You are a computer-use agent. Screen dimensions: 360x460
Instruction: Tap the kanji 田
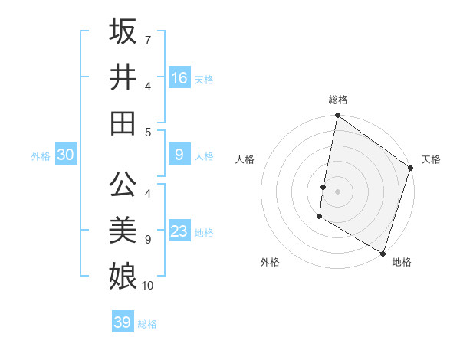click(123, 123)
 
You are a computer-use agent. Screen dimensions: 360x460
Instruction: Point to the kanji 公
click(123, 185)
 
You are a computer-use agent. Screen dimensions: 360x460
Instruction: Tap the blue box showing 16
click(179, 77)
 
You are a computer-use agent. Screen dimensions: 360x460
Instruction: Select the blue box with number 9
click(179, 155)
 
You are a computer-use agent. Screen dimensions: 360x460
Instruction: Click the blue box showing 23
click(179, 232)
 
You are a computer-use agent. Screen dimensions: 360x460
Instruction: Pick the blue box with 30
click(66, 155)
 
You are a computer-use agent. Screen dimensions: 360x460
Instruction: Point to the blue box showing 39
click(123, 322)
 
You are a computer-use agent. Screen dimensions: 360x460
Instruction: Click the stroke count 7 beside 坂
click(148, 39)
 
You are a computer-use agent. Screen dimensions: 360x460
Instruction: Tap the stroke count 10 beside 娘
click(148, 286)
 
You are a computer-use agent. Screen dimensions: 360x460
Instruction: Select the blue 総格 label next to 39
click(147, 324)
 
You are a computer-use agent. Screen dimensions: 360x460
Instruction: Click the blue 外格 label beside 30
click(41, 156)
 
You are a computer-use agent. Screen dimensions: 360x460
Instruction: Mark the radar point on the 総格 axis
click(337, 116)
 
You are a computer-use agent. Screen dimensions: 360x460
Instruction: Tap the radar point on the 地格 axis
click(383, 252)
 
